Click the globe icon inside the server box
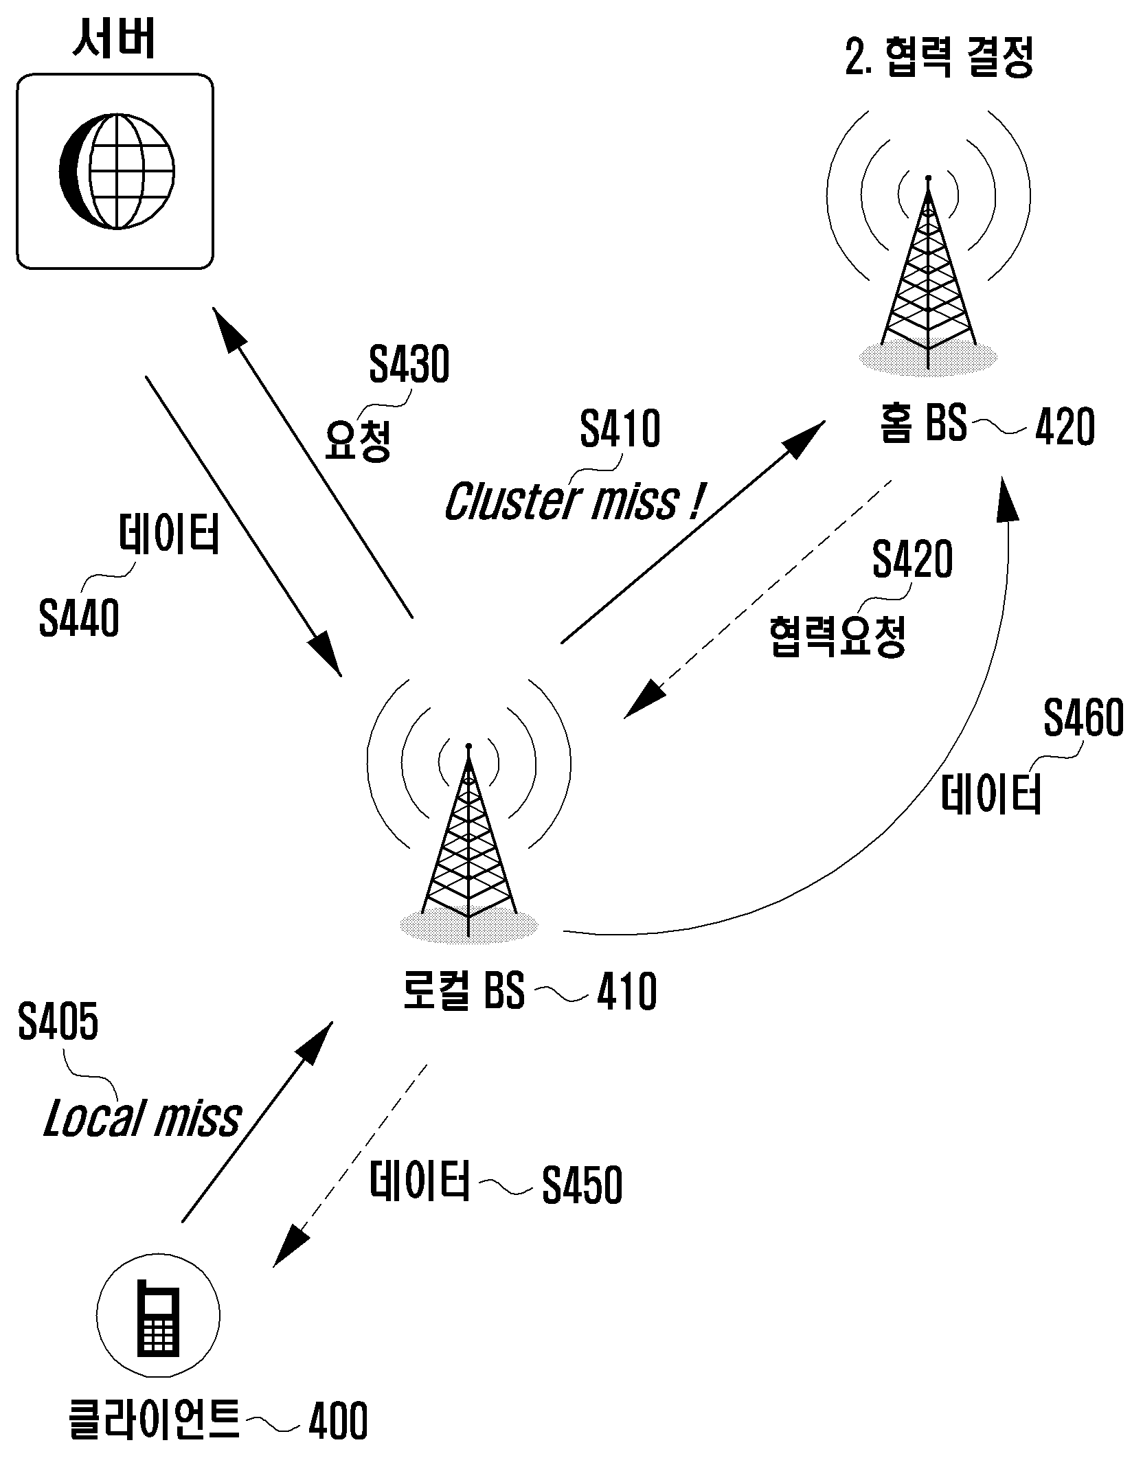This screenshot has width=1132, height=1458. tap(116, 170)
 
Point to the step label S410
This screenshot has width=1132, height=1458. tap(620, 429)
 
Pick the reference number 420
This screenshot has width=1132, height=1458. tap(1065, 427)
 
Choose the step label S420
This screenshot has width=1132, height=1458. tap(912, 559)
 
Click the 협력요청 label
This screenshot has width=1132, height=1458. tap(837, 637)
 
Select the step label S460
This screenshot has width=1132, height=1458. tap(1084, 718)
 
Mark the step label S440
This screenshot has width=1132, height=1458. tap(79, 618)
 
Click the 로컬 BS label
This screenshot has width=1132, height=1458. tap(463, 990)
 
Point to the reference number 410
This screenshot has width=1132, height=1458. tap(627, 992)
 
